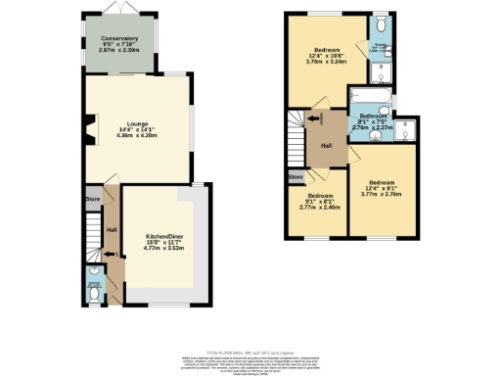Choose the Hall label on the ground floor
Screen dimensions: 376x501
coord(111,229)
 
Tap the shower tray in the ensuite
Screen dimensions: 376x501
coord(382,69)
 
